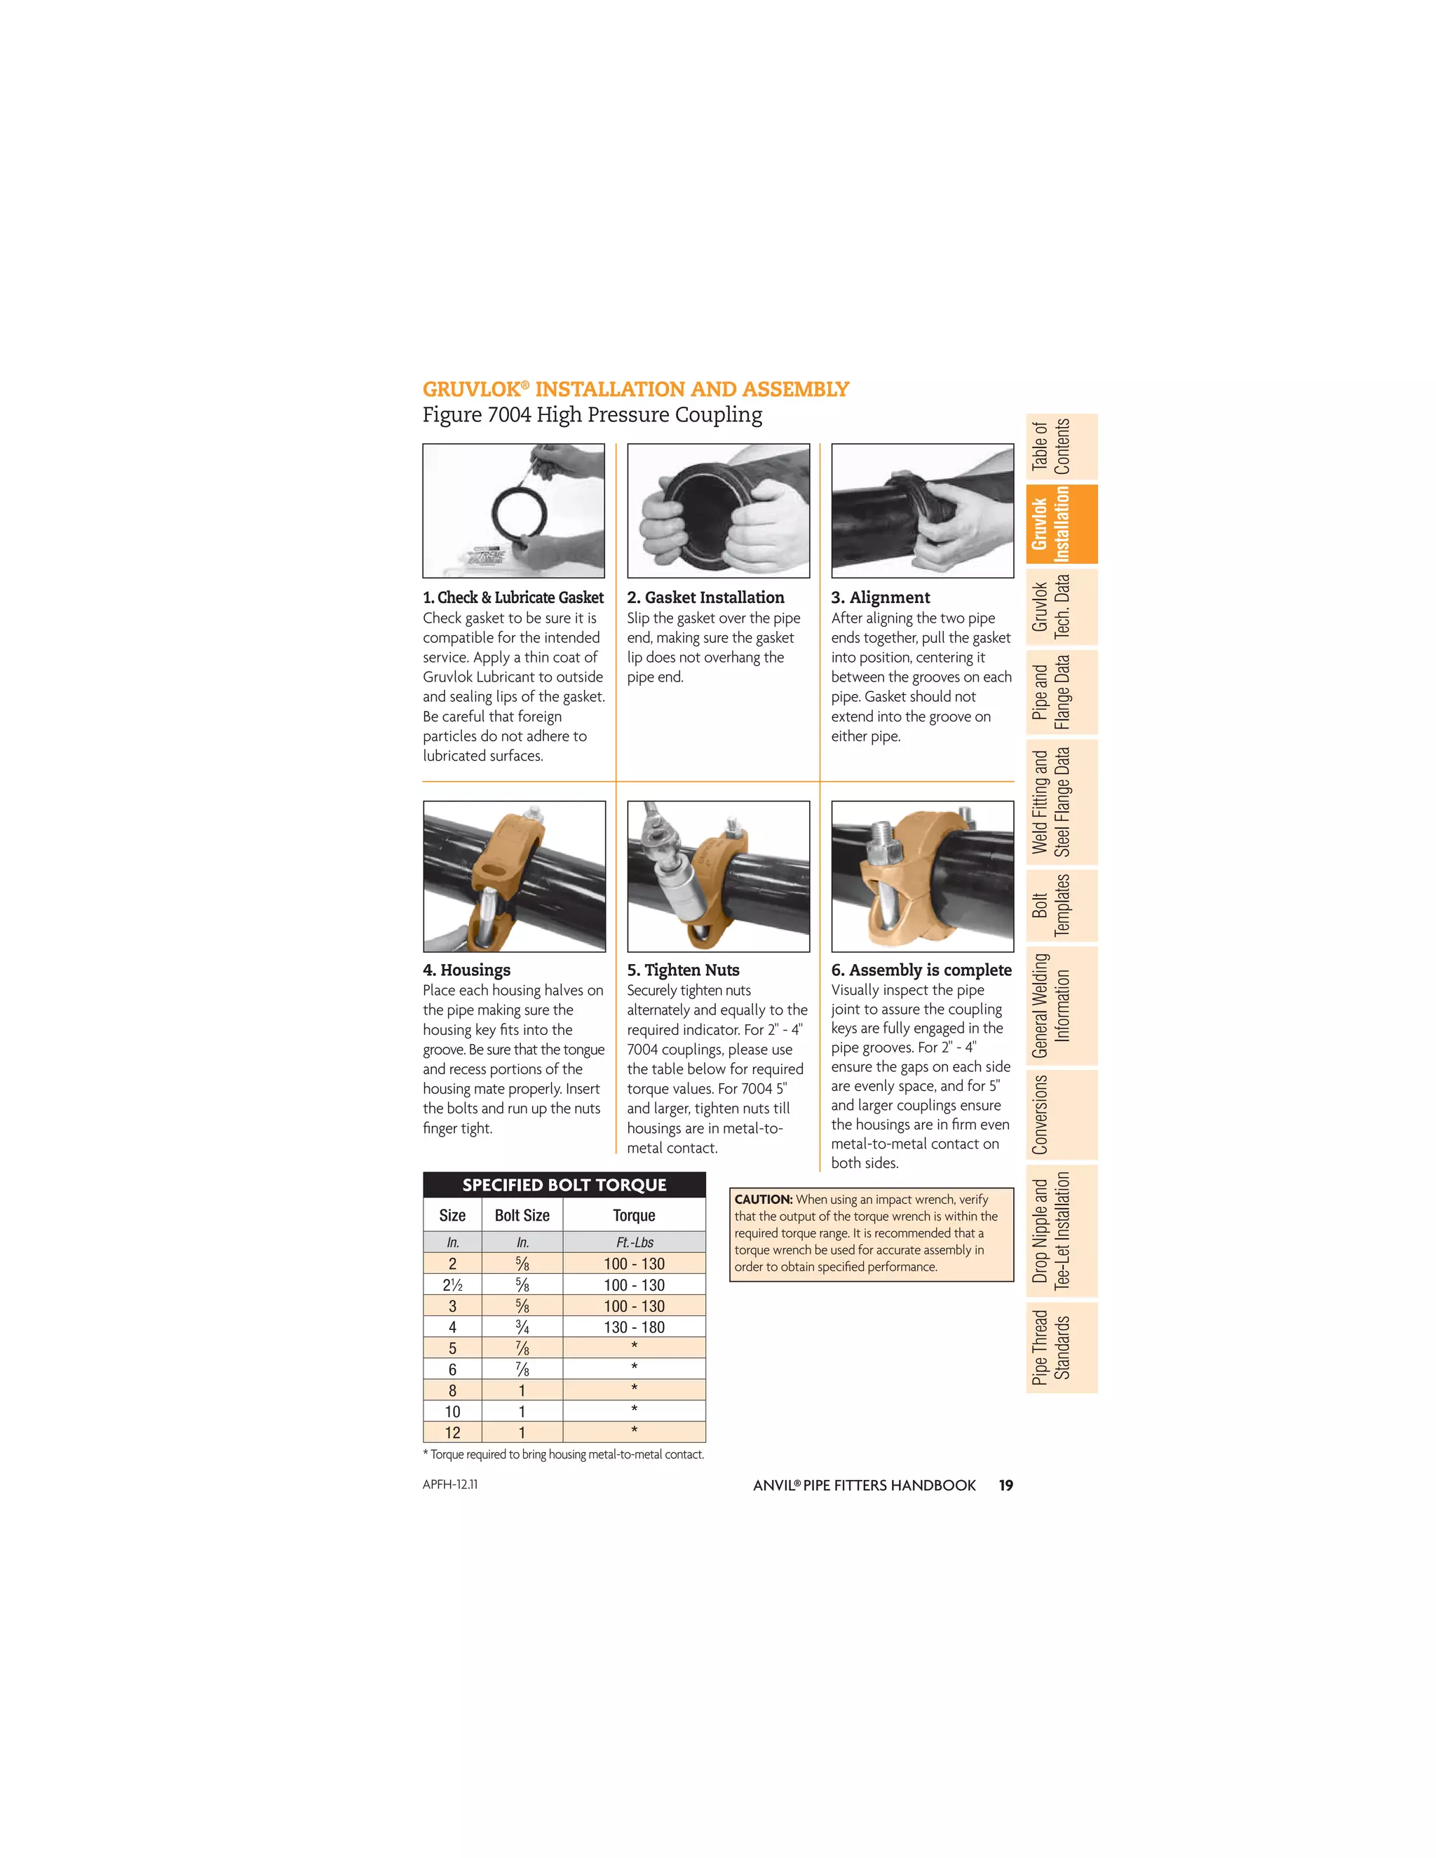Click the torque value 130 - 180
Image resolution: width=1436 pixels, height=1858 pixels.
pos(634,1327)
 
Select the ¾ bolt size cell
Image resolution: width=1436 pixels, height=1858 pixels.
pos(522,1327)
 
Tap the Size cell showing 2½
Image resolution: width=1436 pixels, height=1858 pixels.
pos(452,1285)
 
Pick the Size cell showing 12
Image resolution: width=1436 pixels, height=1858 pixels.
pos(452,1432)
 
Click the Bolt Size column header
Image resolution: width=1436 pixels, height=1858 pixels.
pos(522,1216)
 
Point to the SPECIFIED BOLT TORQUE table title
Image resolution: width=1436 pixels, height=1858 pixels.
pos(564,1185)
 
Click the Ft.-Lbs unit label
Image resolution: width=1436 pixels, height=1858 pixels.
pos(635,1243)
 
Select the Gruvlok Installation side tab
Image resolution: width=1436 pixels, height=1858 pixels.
pos(1061,524)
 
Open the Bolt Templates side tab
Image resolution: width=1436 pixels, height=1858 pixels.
pos(1061,906)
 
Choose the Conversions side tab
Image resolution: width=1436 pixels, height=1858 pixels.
pos(1061,1115)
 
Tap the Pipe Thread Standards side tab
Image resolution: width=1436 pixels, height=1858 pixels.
pos(1061,1348)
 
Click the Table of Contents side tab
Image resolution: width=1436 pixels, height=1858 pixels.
pos(1061,447)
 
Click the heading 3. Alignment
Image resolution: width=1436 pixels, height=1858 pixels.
pos(881,597)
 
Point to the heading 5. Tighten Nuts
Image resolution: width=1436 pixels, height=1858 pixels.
pos(683,970)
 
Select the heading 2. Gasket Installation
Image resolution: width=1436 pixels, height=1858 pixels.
pos(705,597)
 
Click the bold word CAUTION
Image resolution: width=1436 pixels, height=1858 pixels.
pos(763,1200)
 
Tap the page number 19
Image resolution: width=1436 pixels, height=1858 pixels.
pos(1005,1486)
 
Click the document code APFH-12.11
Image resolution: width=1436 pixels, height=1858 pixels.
pos(450,1484)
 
